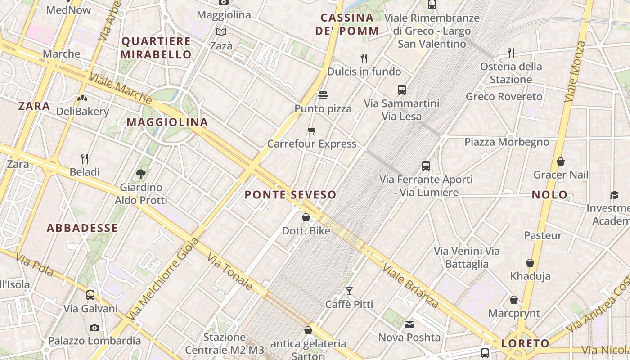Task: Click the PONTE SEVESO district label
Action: click(x=290, y=195)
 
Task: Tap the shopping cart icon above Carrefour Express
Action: click(x=311, y=131)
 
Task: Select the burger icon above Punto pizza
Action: click(x=323, y=95)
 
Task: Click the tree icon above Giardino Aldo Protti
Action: click(x=141, y=174)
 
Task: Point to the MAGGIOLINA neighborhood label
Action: click(x=167, y=122)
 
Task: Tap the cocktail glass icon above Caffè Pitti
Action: click(x=349, y=291)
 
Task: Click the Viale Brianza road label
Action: click(x=410, y=286)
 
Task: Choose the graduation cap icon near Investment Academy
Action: click(x=614, y=195)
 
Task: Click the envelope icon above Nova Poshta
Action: click(x=409, y=324)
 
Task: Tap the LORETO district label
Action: click(x=525, y=344)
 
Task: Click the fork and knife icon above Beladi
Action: click(x=84, y=158)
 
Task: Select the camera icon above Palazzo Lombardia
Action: click(x=94, y=328)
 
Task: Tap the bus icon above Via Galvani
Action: click(x=90, y=295)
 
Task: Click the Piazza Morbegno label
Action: click(x=507, y=142)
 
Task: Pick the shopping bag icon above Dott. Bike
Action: click(x=306, y=218)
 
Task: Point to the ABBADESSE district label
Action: click(x=82, y=228)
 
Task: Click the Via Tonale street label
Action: click(x=229, y=271)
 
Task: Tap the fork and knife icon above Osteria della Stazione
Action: click(x=511, y=53)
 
